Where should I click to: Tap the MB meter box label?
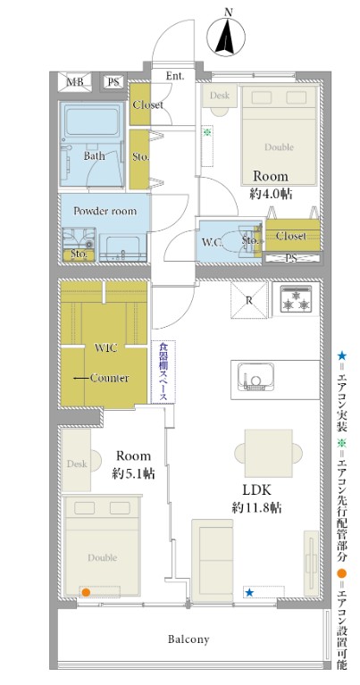[x=76, y=81]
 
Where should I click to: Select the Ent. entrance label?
[x=174, y=76]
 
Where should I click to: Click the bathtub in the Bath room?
[x=92, y=121]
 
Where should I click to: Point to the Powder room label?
[x=105, y=211]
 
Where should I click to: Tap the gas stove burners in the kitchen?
[x=296, y=299]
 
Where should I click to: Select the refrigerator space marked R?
[x=248, y=300]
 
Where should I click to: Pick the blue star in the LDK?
[x=249, y=592]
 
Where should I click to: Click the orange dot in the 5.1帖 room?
[x=86, y=592]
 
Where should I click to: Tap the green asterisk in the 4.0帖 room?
[x=207, y=131]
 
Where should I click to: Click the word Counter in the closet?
[x=109, y=378]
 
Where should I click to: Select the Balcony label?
[x=188, y=639]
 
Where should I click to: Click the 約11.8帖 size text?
[x=256, y=507]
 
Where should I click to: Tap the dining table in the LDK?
[x=268, y=453]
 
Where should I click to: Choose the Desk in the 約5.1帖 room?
[x=77, y=460]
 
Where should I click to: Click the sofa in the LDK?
[x=213, y=561]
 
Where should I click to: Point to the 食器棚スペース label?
[x=163, y=372]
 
